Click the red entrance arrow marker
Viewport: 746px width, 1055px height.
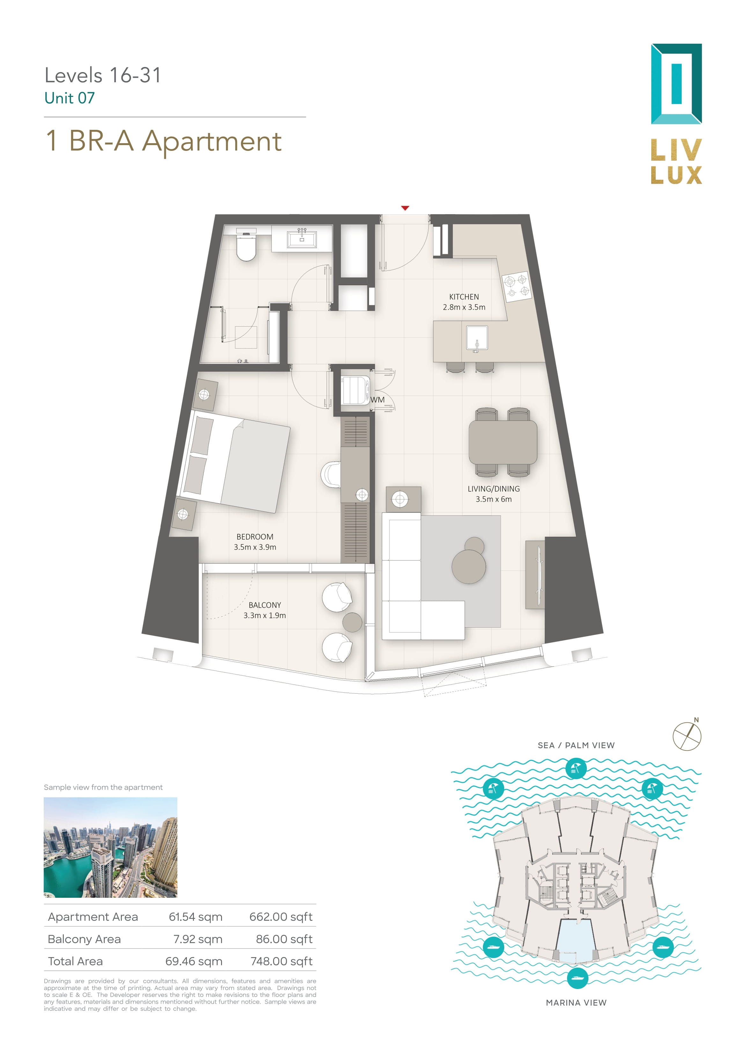pyautogui.click(x=405, y=208)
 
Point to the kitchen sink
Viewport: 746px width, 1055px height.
pyautogui.click(x=476, y=338)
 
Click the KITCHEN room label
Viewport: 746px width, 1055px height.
pyautogui.click(x=464, y=297)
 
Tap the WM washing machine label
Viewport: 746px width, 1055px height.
pyautogui.click(x=377, y=400)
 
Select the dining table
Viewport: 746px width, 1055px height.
pyautogui.click(x=503, y=442)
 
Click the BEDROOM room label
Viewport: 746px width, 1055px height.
pyautogui.click(x=255, y=537)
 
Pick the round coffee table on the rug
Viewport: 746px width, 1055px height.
pyautogui.click(x=469, y=566)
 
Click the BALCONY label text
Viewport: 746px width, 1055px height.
pyautogui.click(x=265, y=605)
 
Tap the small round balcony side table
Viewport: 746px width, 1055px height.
pyautogui.click(x=352, y=622)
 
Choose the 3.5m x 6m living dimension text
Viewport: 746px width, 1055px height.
pyautogui.click(x=494, y=499)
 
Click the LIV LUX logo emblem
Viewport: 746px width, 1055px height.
pyautogui.click(x=676, y=84)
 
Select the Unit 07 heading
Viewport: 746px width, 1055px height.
pyautogui.click(x=70, y=98)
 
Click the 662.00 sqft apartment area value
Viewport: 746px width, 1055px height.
pyautogui.click(x=281, y=917)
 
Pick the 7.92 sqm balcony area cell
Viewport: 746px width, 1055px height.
pyautogui.click(x=198, y=939)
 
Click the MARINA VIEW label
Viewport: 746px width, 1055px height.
pyautogui.click(x=576, y=1003)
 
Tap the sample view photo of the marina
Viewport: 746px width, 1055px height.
pyautogui.click(x=110, y=847)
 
